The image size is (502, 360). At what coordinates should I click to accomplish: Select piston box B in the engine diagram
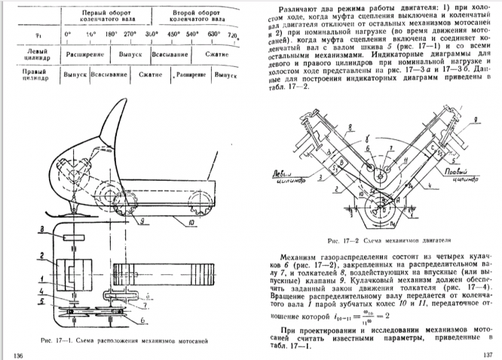point(344,163)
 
